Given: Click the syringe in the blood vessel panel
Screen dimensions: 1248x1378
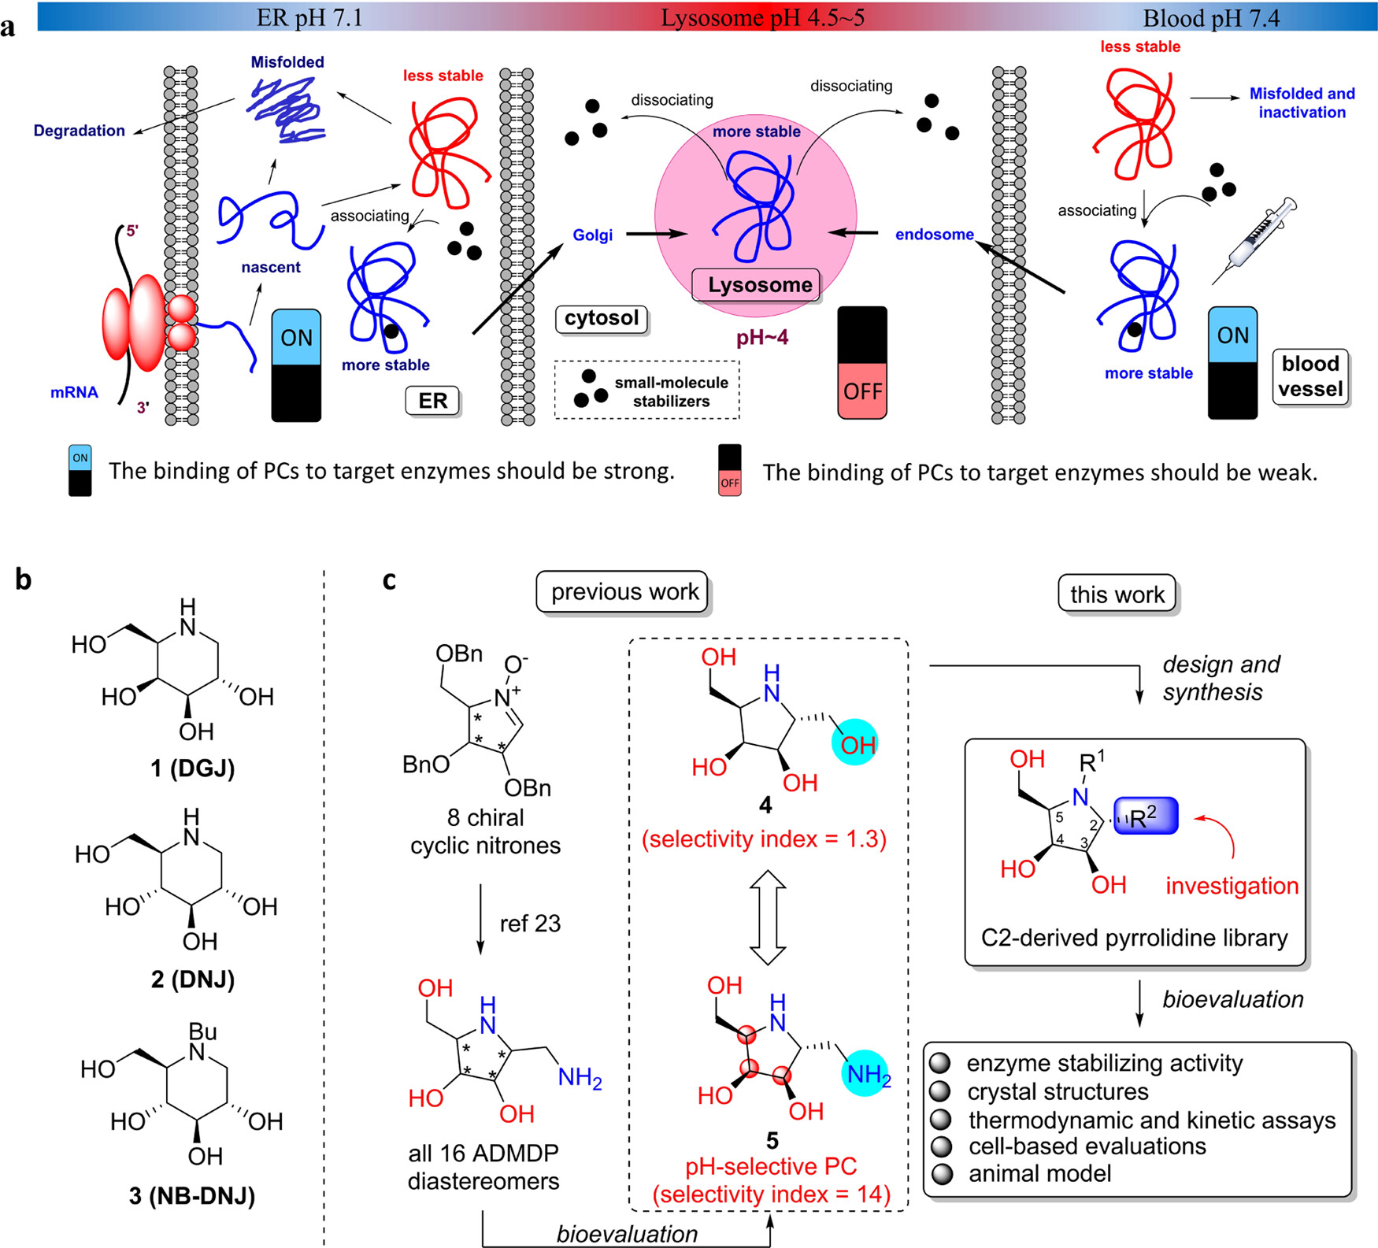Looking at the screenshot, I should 1256,239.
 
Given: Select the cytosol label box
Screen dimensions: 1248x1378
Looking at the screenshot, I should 602,318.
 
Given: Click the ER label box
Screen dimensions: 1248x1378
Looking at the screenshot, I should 432,401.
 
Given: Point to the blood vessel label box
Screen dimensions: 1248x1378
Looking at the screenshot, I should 1310,376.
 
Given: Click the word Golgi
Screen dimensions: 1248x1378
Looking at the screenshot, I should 592,235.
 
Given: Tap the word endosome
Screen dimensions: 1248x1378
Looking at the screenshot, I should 934,234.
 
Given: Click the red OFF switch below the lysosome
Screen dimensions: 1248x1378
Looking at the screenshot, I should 862,391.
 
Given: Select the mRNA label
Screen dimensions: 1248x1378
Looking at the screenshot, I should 74,392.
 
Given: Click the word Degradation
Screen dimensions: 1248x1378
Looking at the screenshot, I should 79,131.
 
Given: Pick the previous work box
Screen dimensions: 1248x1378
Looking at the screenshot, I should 624,592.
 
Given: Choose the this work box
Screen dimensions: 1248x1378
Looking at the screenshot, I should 1117,594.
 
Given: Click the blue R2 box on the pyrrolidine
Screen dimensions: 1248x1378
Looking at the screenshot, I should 1146,817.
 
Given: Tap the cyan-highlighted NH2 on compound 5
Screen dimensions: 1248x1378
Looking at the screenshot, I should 865,1072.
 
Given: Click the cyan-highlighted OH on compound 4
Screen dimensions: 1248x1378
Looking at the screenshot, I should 854,743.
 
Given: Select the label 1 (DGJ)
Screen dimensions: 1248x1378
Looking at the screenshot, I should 193,768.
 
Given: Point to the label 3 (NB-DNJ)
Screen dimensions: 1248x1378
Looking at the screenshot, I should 192,1196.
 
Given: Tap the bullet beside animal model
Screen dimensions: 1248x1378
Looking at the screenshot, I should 941,1174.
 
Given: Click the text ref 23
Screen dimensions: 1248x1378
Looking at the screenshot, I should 530,923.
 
